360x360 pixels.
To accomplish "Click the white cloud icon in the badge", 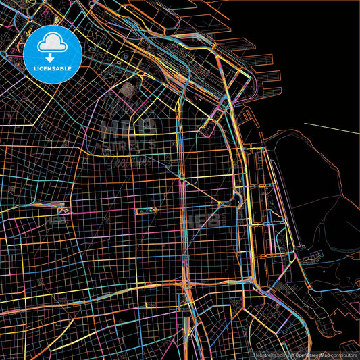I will [53, 43].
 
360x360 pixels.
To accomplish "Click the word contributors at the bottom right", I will [343, 354].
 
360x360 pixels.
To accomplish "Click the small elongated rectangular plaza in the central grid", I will [146, 211].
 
